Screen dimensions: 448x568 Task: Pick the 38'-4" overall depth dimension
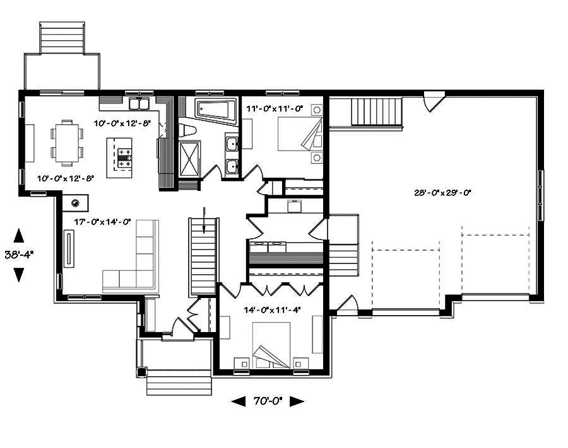click(19, 255)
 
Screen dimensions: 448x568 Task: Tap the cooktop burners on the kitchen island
click(124, 158)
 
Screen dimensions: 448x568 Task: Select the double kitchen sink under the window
click(139, 104)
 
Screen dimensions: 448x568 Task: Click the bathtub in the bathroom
click(213, 110)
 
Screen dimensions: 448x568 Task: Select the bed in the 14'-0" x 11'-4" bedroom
click(271, 345)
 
